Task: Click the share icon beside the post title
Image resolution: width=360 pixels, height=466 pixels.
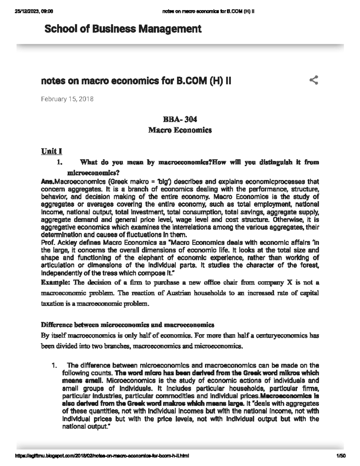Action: [x=313, y=80]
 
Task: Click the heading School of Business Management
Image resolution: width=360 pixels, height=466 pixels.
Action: [x=123, y=29]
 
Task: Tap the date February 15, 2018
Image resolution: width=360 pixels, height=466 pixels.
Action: [x=67, y=99]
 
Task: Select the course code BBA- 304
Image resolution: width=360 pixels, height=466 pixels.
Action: [x=180, y=119]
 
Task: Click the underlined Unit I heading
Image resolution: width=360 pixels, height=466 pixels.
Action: [x=51, y=151]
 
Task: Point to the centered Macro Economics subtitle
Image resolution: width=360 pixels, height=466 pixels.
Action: [x=180, y=130]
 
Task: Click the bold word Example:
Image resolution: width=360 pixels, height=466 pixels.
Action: [x=55, y=282]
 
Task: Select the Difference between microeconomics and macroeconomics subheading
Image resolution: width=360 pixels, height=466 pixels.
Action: [x=127, y=325]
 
